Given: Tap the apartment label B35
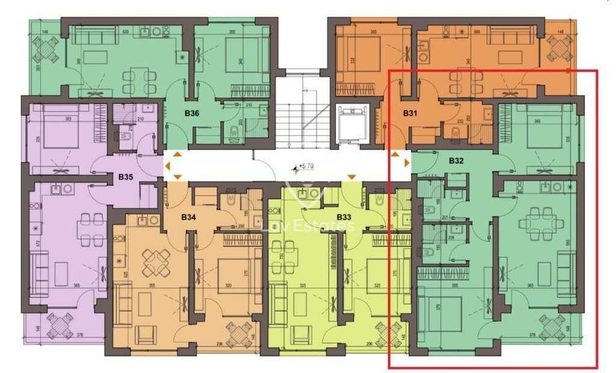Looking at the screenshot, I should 126,177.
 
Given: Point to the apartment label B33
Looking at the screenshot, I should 344,217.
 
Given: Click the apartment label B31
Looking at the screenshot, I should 410,113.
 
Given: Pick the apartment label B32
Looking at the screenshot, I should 456,161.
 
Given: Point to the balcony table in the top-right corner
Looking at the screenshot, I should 560,46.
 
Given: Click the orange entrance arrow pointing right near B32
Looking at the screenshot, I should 406,163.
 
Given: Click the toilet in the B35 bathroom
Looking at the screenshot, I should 124,137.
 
